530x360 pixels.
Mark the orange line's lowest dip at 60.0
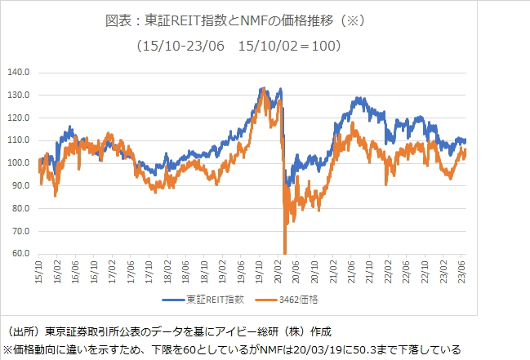284,252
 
